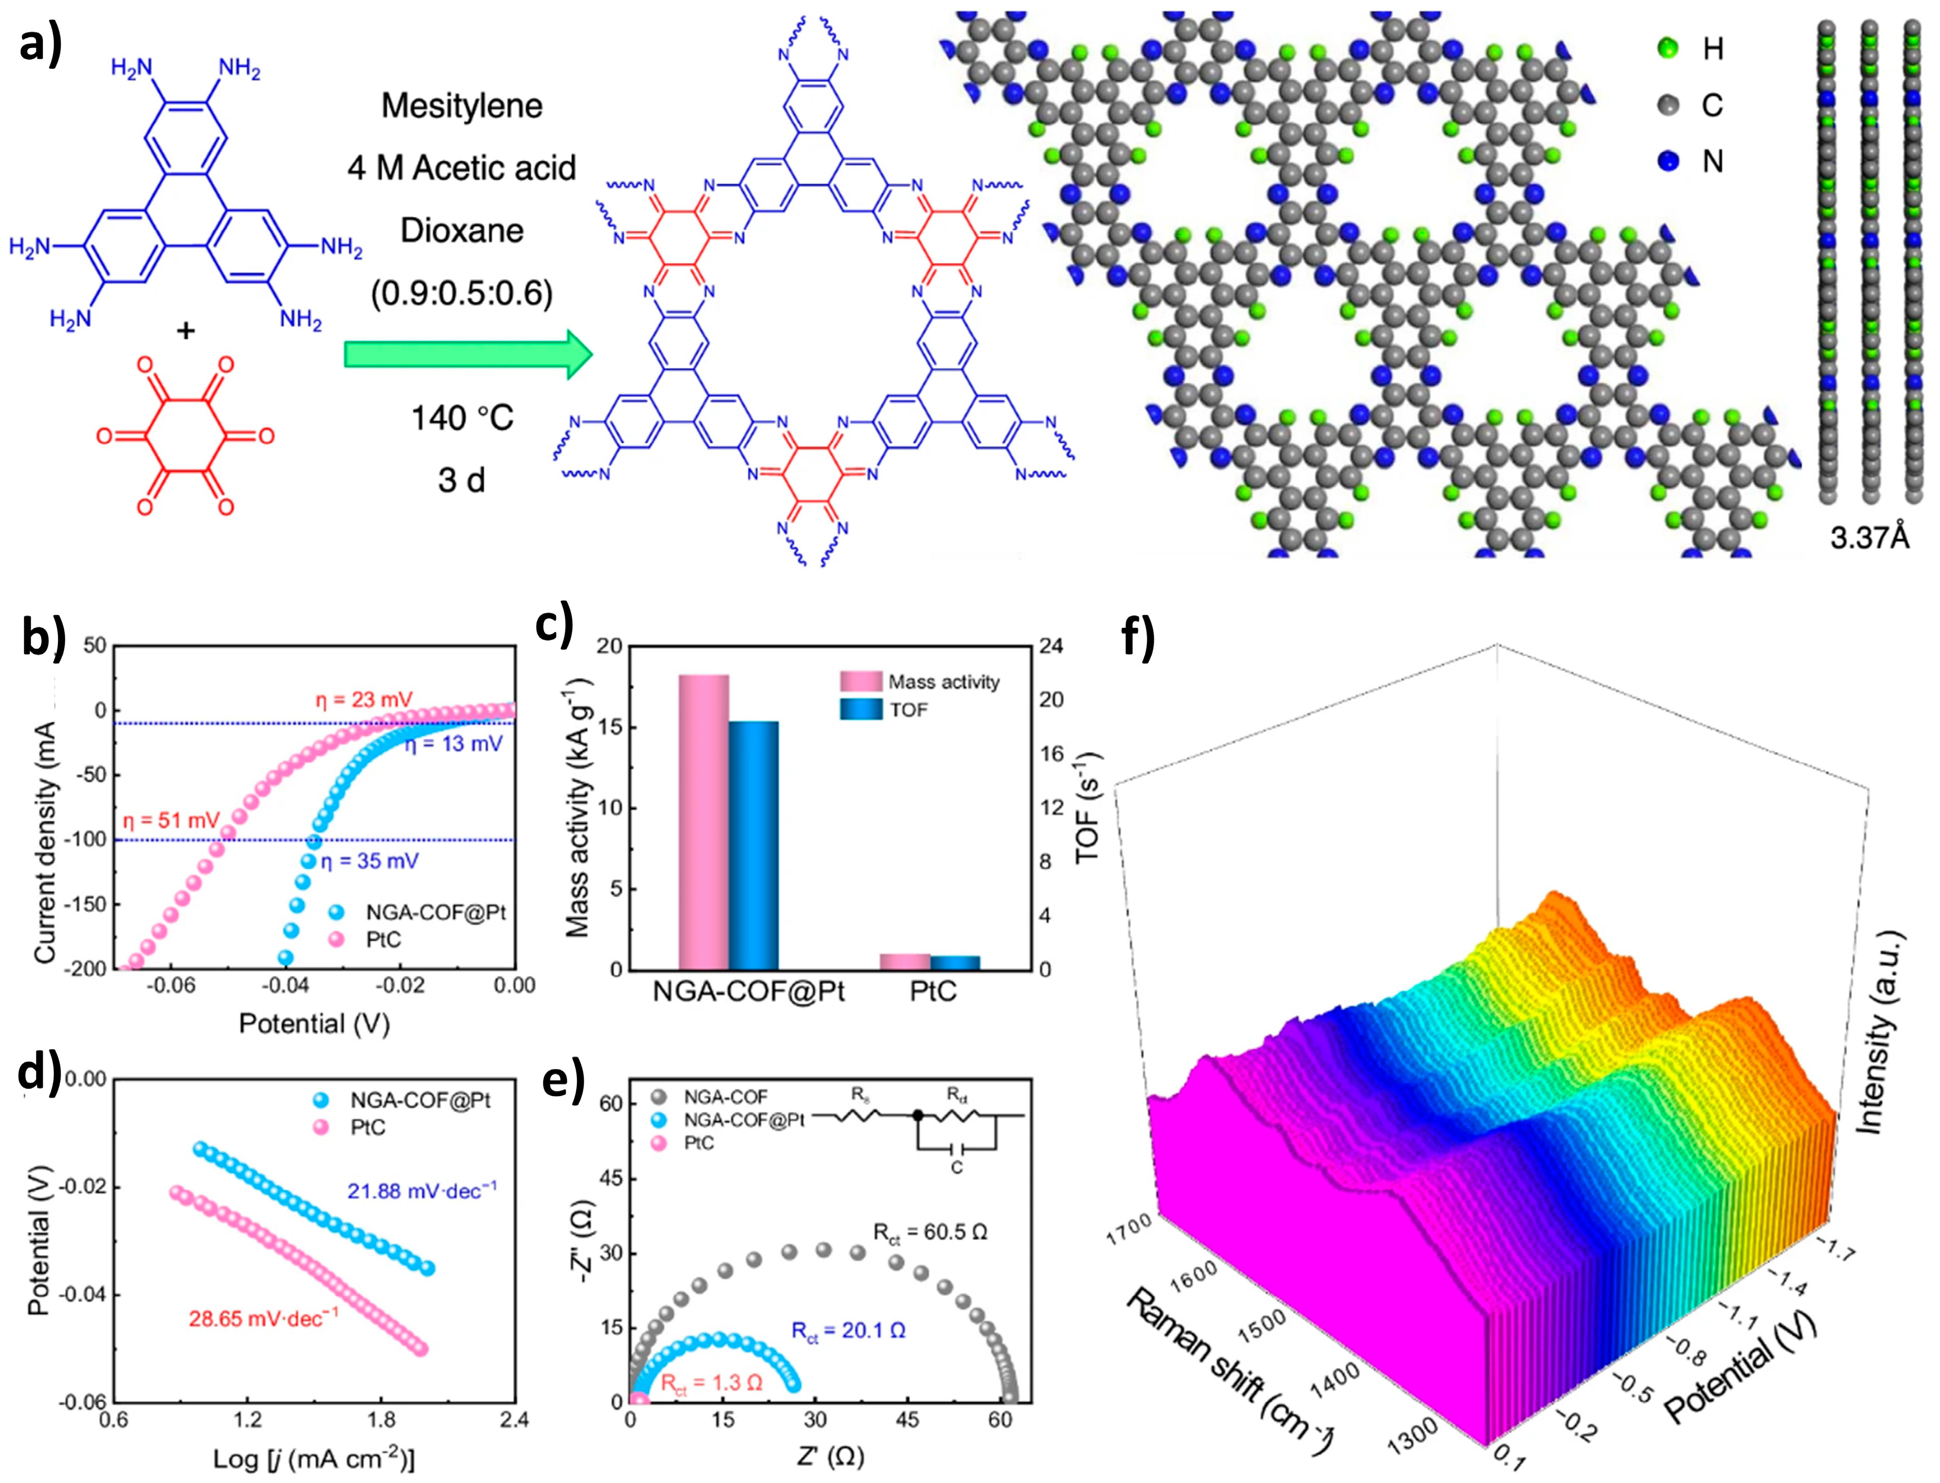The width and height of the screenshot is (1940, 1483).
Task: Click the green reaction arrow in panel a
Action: pos(468,355)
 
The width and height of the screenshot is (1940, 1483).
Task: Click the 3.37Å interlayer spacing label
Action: pos(1870,538)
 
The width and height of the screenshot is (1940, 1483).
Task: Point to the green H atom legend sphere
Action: pos(1668,48)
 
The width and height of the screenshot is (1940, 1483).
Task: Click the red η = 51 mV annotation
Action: pos(171,820)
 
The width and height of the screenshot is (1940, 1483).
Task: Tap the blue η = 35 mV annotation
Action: pos(369,861)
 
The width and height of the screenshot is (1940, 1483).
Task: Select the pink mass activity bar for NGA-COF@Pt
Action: pos(704,821)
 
